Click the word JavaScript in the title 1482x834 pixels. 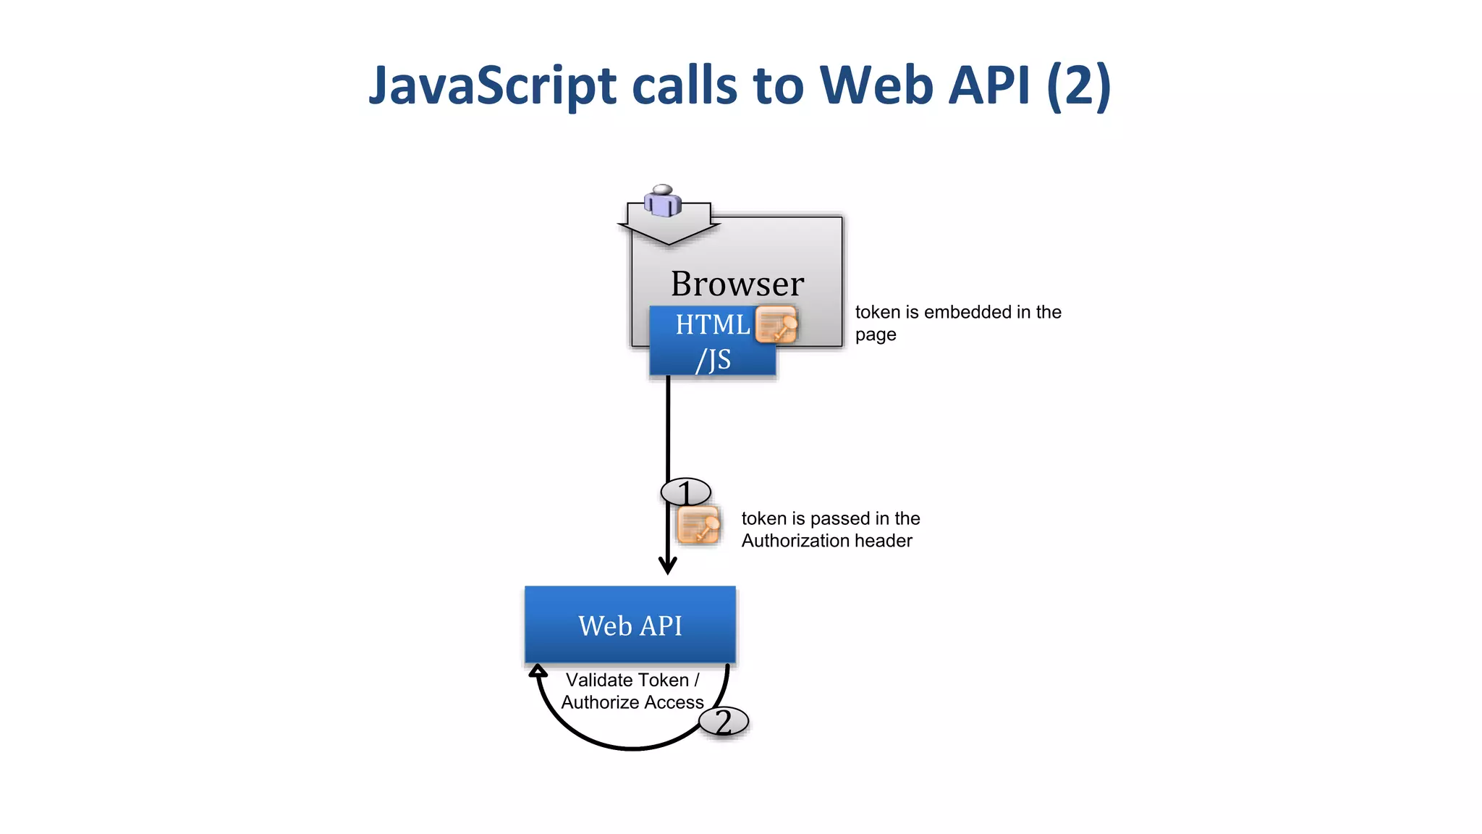pyautogui.click(x=493, y=85)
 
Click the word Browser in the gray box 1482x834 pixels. pyautogui.click(x=737, y=283)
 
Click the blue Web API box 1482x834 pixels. pyautogui.click(x=630, y=625)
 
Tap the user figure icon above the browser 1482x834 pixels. pyautogui.click(x=663, y=201)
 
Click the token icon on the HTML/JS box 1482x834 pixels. pyautogui.click(x=776, y=324)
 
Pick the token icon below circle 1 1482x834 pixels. pyautogui.click(x=698, y=525)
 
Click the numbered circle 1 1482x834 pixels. pyautogui.click(x=685, y=492)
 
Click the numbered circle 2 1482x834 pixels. pyautogui.click(x=723, y=721)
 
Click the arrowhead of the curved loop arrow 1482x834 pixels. pyautogui.click(x=537, y=670)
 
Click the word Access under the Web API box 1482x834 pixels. pyautogui.click(x=674, y=702)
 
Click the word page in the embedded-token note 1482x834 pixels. pyautogui.click(x=875, y=335)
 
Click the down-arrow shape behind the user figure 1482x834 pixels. pyautogui.click(x=669, y=232)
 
